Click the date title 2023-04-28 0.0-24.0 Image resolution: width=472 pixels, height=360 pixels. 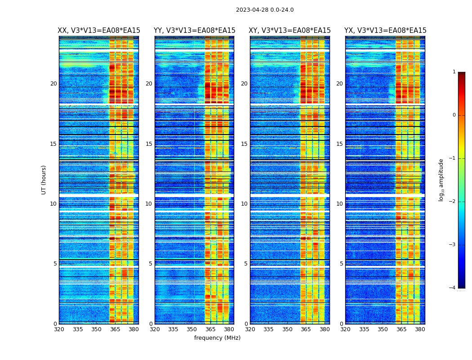265,10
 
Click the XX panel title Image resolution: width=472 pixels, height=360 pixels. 99,31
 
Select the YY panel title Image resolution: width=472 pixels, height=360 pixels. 194,31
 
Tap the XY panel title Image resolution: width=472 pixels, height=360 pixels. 290,31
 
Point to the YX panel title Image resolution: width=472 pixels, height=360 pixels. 385,31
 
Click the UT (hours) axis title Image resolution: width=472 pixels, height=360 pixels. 44,180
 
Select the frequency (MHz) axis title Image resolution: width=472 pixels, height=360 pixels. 217,338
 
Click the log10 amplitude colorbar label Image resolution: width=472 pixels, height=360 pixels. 441,180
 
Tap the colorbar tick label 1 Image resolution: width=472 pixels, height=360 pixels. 454,72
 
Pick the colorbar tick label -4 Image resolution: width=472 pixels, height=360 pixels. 453,288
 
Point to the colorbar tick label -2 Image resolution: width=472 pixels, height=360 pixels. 453,202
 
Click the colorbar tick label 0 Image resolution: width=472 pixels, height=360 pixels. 454,115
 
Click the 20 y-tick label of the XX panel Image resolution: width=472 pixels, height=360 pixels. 53,84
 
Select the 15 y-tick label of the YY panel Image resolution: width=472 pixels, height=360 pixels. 149,144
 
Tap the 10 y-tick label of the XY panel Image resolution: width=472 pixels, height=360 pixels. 244,204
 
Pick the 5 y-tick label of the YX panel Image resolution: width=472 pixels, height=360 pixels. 341,264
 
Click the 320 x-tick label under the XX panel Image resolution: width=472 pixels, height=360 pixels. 59,329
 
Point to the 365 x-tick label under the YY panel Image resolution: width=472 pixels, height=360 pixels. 210,329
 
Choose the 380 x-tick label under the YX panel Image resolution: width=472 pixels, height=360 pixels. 420,329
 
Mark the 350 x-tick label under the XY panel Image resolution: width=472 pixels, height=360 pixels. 287,329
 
